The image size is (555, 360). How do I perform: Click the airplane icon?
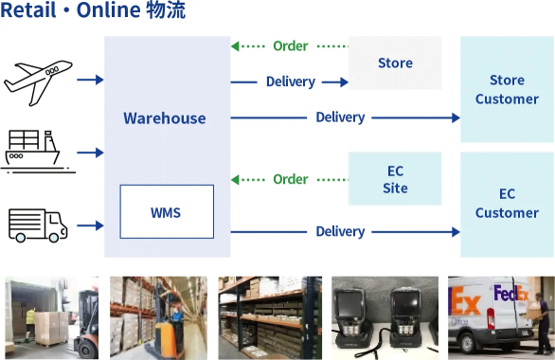(x=38, y=81)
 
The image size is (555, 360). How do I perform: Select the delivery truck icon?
(x=38, y=225)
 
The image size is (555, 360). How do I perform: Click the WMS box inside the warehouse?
(x=166, y=211)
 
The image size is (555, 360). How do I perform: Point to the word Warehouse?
(x=164, y=118)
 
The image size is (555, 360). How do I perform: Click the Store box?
(x=395, y=63)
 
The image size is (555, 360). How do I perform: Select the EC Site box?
(x=395, y=179)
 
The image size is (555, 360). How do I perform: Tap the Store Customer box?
(x=507, y=90)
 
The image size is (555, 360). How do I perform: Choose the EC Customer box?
(x=507, y=203)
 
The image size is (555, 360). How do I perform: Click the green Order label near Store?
(x=290, y=45)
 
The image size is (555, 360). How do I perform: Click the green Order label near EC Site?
(x=290, y=179)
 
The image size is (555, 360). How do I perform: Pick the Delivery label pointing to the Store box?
(x=290, y=81)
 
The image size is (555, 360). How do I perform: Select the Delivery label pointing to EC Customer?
(x=340, y=231)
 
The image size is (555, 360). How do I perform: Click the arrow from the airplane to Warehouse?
(x=90, y=81)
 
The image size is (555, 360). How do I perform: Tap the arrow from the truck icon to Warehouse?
(x=90, y=225)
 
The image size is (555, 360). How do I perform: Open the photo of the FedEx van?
(x=500, y=317)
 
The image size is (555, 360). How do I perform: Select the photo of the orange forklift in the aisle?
(x=158, y=317)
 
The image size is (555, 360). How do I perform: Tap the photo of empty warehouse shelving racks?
(x=271, y=317)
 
